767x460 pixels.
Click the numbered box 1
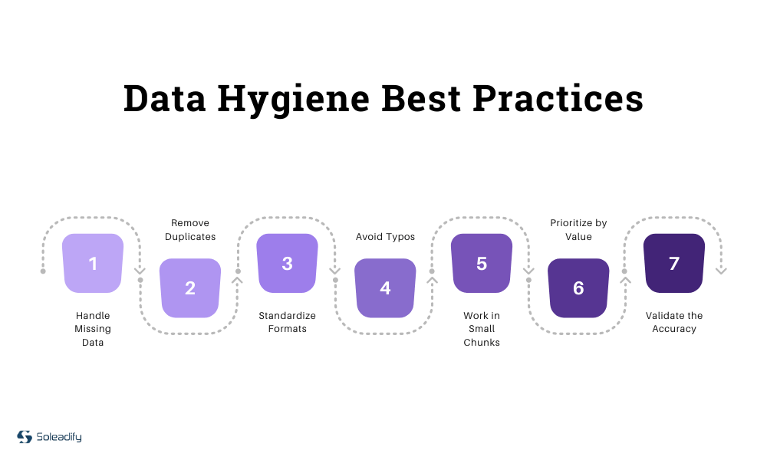[93, 263]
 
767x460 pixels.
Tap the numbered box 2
[190, 287]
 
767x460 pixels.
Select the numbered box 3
[287, 263]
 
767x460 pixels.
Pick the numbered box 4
[385, 287]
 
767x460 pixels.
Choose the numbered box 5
[482, 263]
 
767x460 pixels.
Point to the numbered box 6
[578, 287]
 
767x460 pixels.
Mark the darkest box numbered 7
[674, 263]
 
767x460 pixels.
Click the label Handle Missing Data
[93, 329]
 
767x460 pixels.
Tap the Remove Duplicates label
[190, 230]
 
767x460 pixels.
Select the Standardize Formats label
[287, 322]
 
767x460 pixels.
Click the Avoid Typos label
[385, 237]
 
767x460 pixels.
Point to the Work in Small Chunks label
[482, 329]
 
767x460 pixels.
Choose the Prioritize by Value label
[578, 230]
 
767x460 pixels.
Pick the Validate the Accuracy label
[674, 322]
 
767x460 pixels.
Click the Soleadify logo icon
[25, 437]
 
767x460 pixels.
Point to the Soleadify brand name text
[59, 437]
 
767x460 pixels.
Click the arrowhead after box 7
[721, 271]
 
